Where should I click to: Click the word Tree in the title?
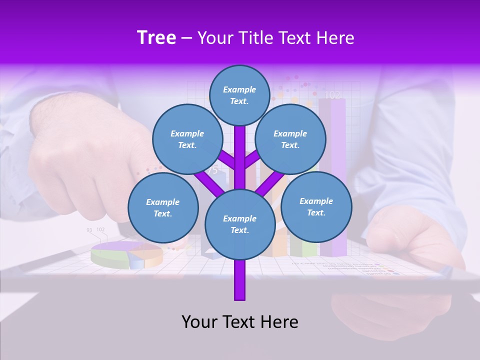(x=156, y=38)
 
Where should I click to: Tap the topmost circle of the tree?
(x=239, y=95)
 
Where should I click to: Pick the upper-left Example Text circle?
(x=187, y=139)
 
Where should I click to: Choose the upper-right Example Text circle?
(x=290, y=139)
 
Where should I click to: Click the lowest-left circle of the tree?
(x=163, y=207)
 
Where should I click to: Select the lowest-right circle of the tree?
(x=316, y=206)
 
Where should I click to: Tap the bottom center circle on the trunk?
(x=239, y=224)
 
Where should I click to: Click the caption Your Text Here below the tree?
(x=239, y=322)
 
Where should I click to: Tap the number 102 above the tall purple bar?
(x=332, y=94)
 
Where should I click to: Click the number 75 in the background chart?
(x=213, y=170)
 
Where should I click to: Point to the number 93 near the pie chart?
(x=89, y=230)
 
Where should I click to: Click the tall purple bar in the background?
(x=332, y=175)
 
